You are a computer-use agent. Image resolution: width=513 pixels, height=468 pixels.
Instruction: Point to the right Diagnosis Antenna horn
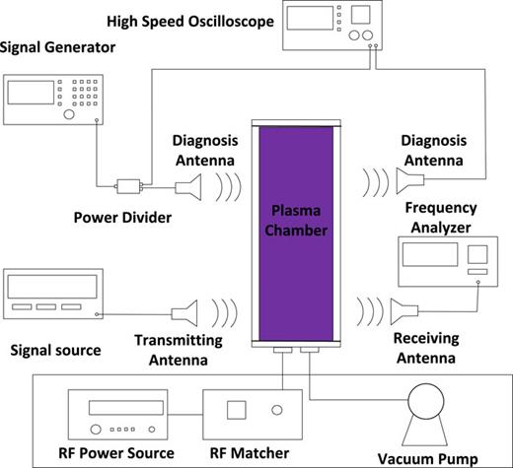(406, 178)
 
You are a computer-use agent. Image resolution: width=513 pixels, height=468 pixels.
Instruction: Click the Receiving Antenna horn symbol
(403, 312)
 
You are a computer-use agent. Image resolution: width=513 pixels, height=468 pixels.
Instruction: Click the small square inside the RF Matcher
(238, 409)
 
